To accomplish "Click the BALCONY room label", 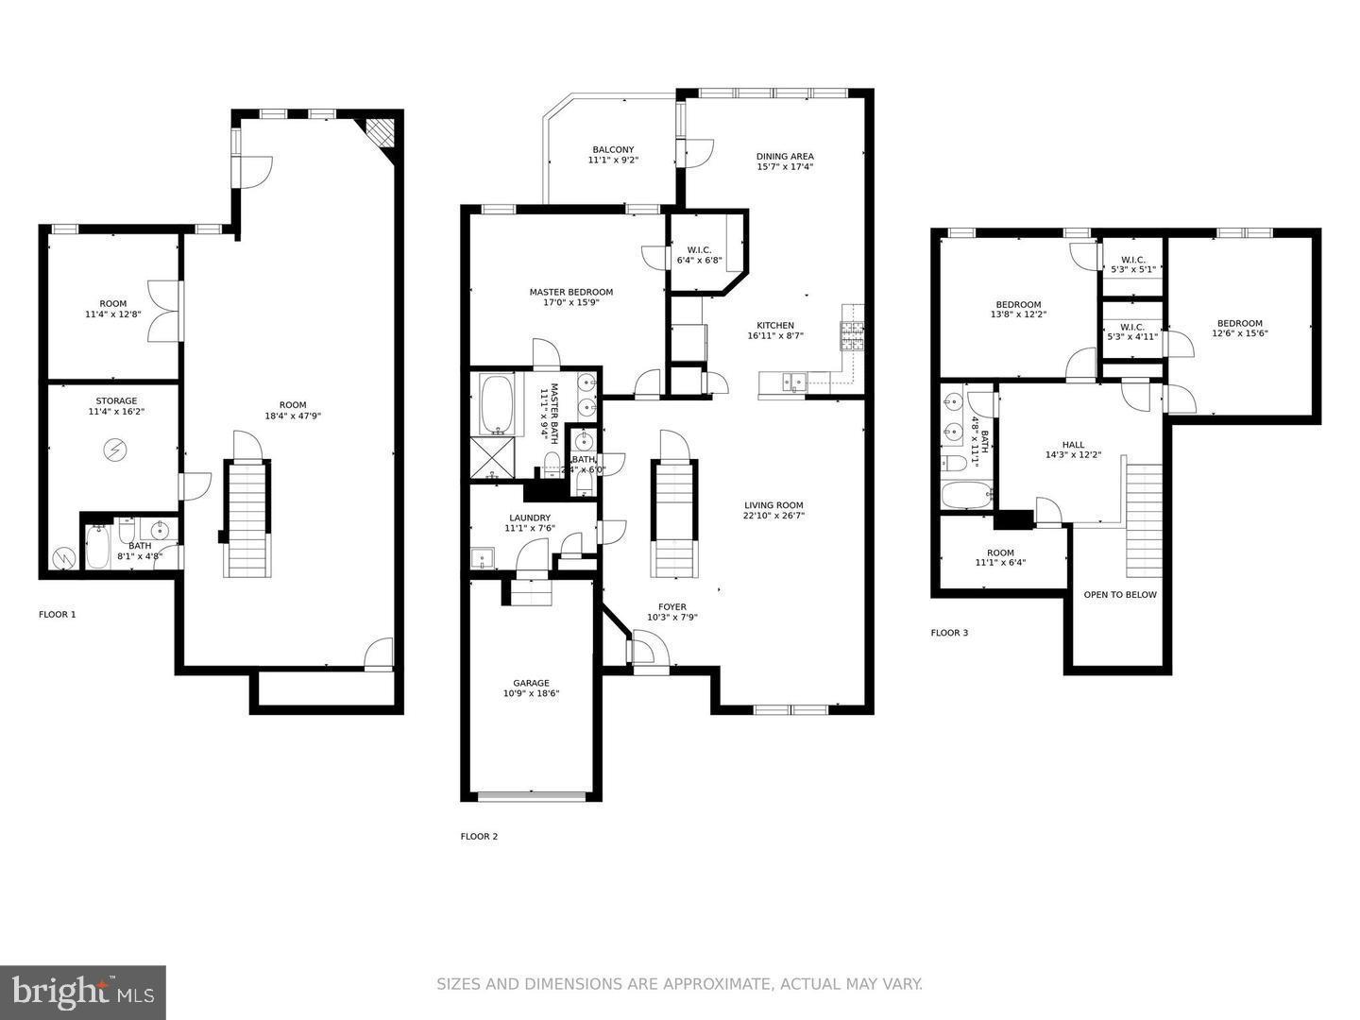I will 613,150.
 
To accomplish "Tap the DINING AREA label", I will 784,157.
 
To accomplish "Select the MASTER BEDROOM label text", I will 570,292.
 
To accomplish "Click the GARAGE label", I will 531,683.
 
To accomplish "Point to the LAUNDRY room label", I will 529,518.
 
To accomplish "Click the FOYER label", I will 671,607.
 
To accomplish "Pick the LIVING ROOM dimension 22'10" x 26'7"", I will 773,516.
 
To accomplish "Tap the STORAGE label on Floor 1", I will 115,401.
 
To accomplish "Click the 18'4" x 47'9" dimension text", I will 293,416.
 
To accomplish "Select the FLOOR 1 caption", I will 57,615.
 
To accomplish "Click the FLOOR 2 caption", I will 479,837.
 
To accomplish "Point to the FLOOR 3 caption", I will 949,633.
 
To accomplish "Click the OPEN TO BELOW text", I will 1119,595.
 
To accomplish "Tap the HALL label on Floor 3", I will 1073,445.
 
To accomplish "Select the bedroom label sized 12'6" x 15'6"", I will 1239,323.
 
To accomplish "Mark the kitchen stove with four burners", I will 852,334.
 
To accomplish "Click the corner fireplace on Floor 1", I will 380,130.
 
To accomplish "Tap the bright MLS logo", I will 83,992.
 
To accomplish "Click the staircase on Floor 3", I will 1144,519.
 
